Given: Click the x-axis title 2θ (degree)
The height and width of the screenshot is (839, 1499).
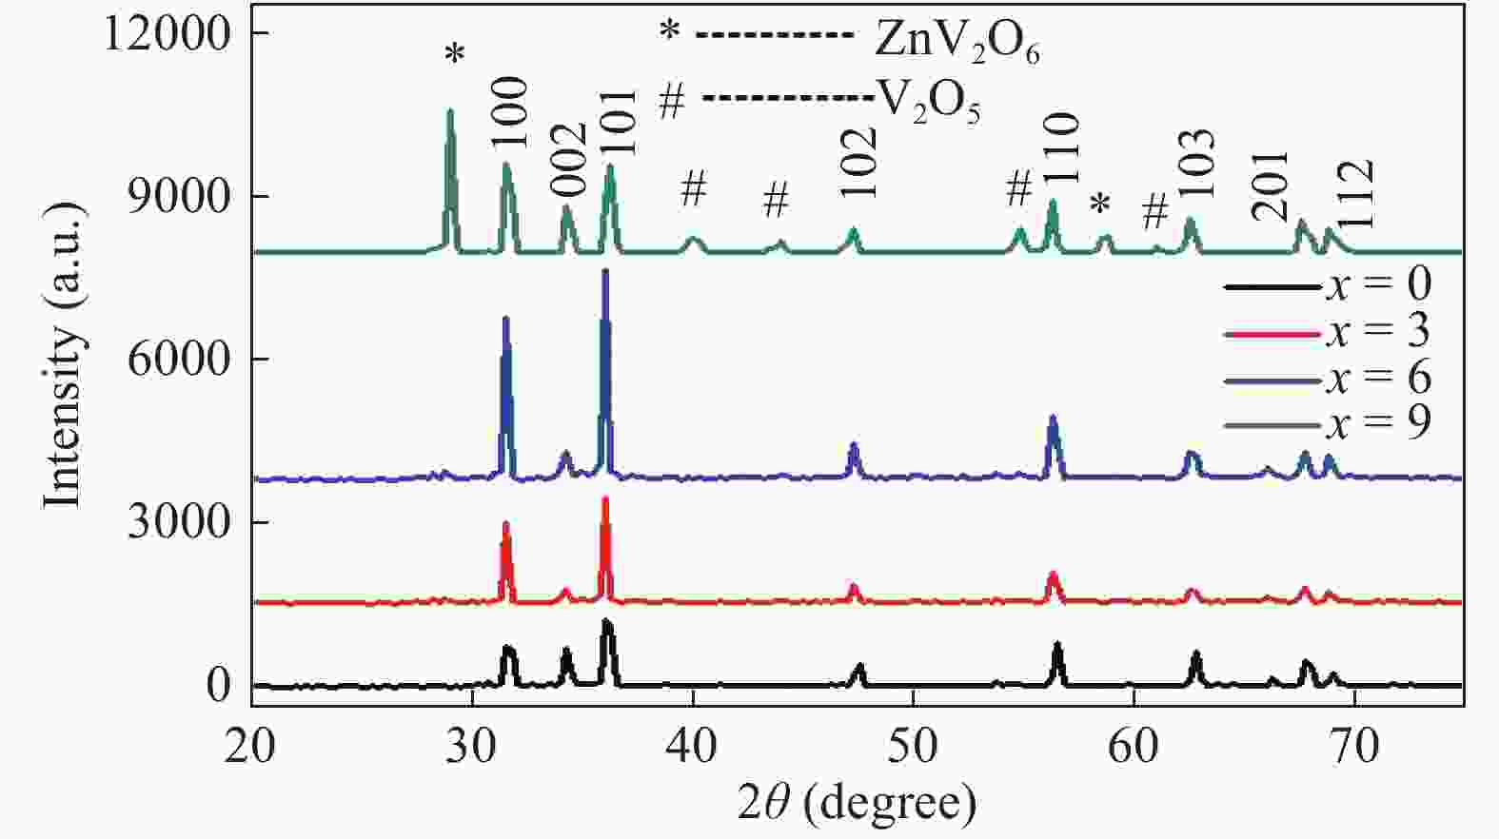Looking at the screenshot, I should (857, 804).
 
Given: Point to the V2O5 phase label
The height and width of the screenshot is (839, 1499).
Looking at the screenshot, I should (927, 103).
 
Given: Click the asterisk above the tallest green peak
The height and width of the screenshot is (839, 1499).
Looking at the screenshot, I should (455, 55).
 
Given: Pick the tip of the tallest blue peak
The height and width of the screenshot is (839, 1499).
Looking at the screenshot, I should (605, 271).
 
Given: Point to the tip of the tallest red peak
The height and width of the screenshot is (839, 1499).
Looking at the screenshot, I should (605, 498).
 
